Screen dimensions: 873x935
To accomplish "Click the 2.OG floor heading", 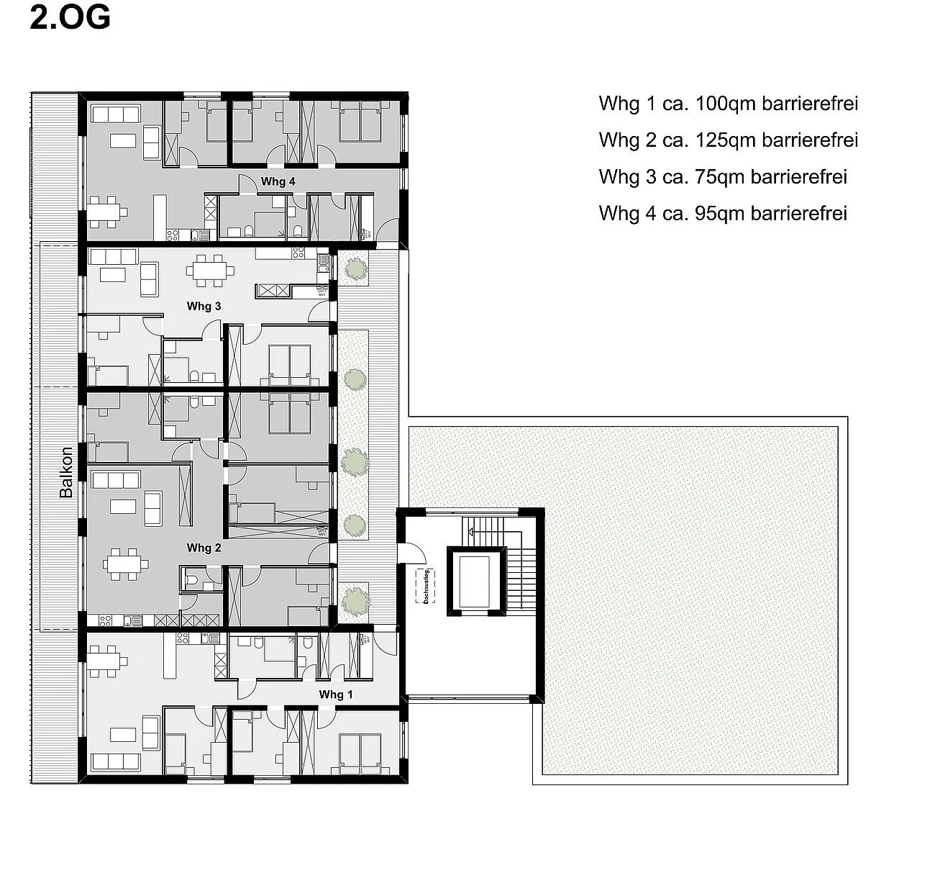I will (70, 18).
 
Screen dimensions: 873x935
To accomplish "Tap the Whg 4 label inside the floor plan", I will (278, 181).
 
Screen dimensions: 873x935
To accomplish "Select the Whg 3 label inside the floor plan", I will (204, 306).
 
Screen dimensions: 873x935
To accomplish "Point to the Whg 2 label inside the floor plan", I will (204, 548).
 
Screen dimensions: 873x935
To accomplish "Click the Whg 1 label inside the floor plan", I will (336, 695).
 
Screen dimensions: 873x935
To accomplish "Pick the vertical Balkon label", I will (66, 472).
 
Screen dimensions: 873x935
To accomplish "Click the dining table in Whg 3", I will (210, 271).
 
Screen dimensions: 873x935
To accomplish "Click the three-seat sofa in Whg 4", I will (115, 114).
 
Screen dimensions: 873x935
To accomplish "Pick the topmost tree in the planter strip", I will (354, 269).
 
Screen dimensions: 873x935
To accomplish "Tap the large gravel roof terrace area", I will (690, 561).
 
